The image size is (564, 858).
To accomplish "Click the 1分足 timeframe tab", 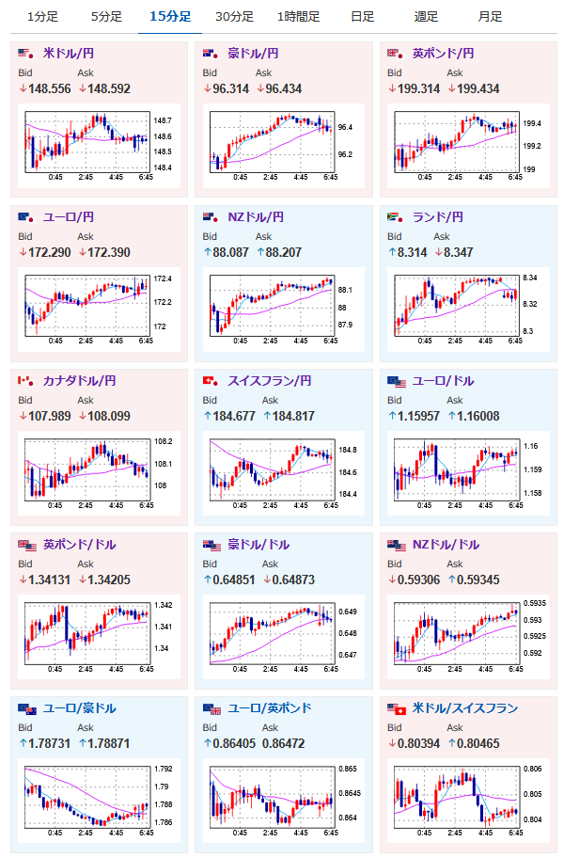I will pos(42,17).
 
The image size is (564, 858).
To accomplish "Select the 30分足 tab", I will pos(234,17).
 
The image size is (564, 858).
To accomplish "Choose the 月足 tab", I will pos(489,17).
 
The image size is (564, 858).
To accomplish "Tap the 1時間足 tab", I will pos(299,17).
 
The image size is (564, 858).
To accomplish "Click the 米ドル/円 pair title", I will pos(74,54).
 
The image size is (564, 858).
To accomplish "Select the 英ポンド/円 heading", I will pos(444,54).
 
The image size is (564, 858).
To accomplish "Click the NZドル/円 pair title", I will pos(256,217).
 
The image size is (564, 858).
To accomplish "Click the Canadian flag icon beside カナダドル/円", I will pos(25,381).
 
